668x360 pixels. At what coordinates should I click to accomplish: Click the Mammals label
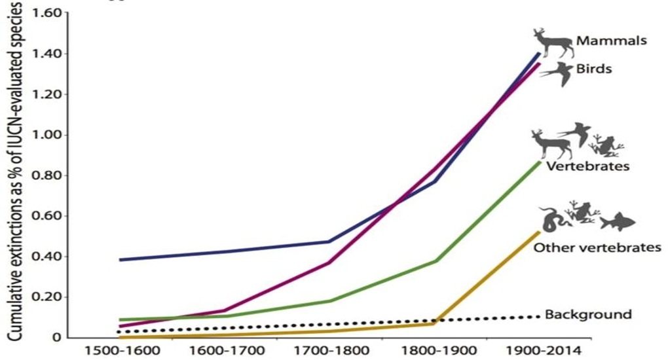(x=612, y=41)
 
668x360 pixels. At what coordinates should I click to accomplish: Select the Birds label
(x=594, y=68)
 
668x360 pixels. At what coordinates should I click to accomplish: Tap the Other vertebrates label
(x=594, y=247)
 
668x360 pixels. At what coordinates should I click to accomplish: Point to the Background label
(x=588, y=315)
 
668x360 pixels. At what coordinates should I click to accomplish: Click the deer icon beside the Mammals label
(x=552, y=43)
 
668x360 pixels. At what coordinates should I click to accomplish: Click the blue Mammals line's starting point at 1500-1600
(x=121, y=260)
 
